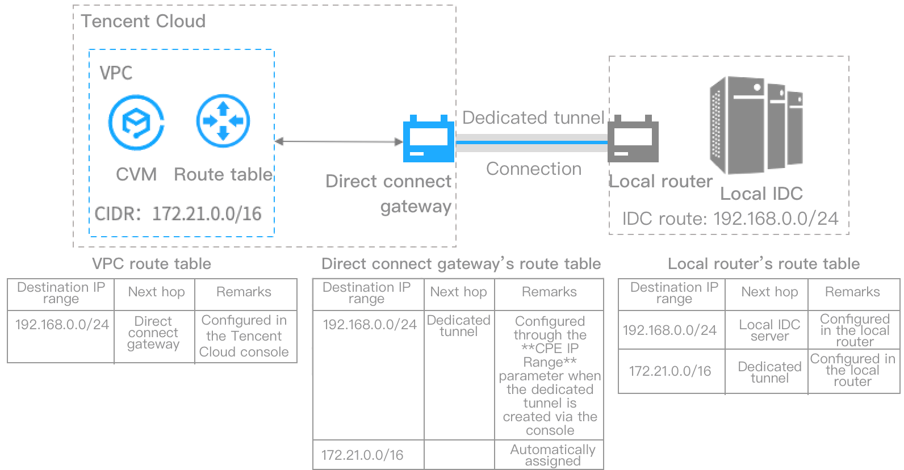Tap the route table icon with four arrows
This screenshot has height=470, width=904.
[223, 121]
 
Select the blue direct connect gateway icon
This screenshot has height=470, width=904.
[428, 140]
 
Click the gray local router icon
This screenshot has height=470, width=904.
[633, 140]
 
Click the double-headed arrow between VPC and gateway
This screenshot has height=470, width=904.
[338, 141]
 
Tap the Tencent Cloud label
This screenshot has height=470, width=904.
[143, 22]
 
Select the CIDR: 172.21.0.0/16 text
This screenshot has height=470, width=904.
[178, 213]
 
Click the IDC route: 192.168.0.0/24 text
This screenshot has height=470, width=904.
[730, 219]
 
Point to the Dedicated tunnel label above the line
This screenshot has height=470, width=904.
[533, 117]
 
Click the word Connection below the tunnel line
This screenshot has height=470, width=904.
[534, 169]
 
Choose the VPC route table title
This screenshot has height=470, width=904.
[152, 264]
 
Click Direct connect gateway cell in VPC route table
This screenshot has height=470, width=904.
[153, 333]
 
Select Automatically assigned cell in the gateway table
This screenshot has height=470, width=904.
[552, 455]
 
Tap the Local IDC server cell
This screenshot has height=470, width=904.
[769, 330]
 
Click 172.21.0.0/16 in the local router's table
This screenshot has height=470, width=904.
[670, 371]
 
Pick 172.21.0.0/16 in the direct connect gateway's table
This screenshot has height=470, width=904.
[362, 455]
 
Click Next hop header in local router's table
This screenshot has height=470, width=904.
[769, 292]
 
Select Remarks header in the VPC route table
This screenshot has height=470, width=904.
[244, 292]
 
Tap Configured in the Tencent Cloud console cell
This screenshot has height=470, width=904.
[244, 336]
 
